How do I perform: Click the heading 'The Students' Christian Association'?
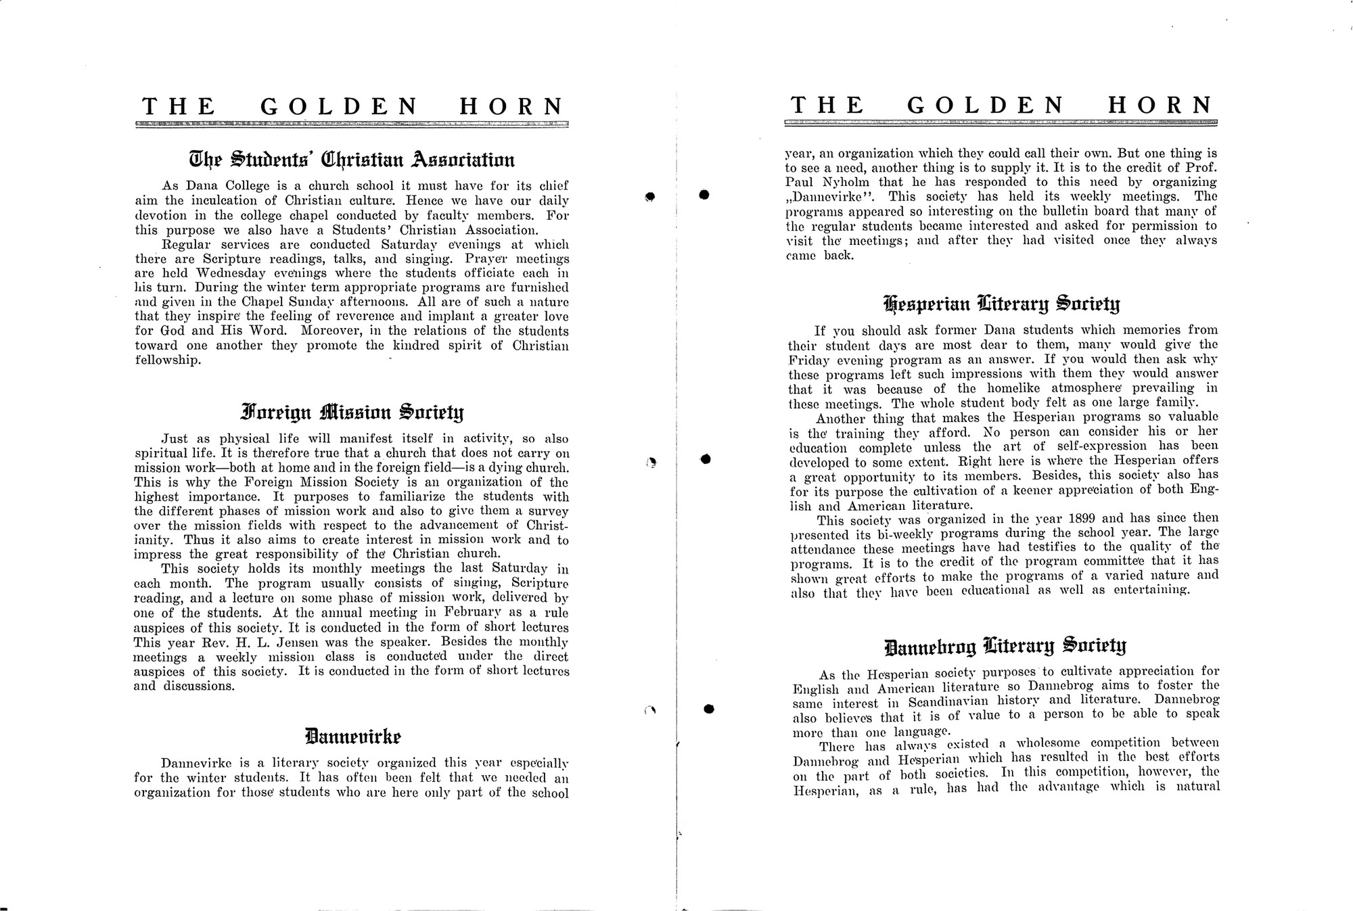pos(351,160)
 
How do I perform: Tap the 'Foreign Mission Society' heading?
pos(352,412)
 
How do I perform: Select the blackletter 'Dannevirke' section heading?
pos(352,735)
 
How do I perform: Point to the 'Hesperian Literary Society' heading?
pos(1002,304)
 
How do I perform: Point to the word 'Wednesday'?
pos(233,273)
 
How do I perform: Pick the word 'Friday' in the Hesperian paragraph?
pos(804,360)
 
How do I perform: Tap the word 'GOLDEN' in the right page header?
pos(985,106)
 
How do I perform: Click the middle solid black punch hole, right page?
pos(705,459)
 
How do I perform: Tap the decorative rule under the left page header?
pos(352,124)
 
